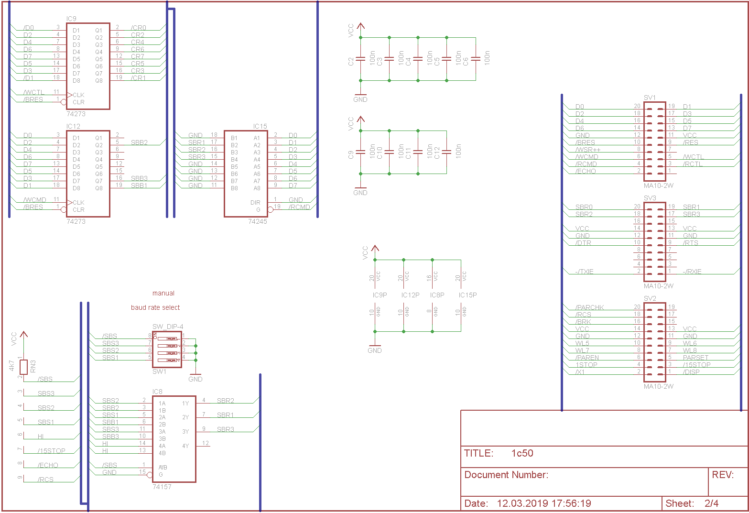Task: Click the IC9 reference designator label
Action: pos(71,19)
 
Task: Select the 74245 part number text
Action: pos(258,221)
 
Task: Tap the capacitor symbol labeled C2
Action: pos(360,59)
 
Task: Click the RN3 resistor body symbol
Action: pos(24,367)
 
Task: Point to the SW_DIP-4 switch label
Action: pos(168,327)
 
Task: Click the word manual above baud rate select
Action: pos(163,293)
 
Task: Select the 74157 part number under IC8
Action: pos(162,487)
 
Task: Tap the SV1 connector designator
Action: pos(650,98)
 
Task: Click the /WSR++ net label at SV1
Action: pos(588,150)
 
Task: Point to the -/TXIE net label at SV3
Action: pos(585,272)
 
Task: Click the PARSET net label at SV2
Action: pos(695,358)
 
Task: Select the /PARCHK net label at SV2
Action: pos(590,307)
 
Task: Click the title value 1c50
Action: pos(522,453)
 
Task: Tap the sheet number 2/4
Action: pos(711,503)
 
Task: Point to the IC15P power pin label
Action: pos(467,295)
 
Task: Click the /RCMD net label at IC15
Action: pos(299,207)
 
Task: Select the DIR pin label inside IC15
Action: pos(255,203)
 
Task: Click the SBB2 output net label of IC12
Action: pos(139,142)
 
